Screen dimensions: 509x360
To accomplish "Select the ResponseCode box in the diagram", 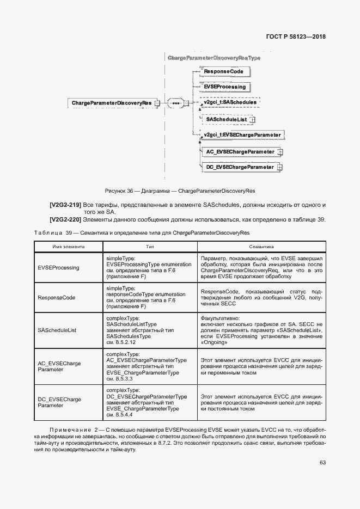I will tap(223, 71).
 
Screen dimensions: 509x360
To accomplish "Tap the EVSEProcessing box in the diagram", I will tap(224, 87).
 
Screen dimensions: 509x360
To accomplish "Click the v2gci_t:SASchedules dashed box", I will tap(229, 102).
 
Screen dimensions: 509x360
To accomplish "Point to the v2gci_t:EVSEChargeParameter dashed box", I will tap(241, 135).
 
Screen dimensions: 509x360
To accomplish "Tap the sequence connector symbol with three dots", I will tap(175, 103).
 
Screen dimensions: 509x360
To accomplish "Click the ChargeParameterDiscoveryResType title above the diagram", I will tap(214, 58).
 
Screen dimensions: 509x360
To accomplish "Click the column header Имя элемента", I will tap(68, 247).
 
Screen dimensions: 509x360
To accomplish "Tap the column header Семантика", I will tap(263, 247).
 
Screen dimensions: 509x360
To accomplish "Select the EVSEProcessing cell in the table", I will tap(58, 268).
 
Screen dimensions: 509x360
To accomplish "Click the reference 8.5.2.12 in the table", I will tap(122, 343).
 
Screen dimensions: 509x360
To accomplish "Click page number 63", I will tap(322, 463).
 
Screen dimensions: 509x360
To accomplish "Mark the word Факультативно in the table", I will tap(220, 318).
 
